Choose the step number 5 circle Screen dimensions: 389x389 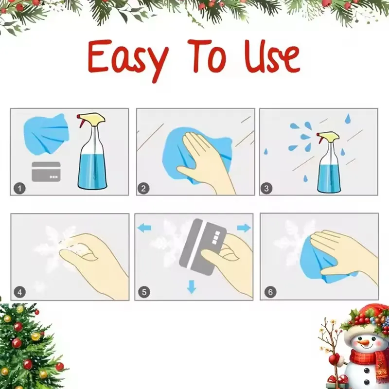tap(144, 292)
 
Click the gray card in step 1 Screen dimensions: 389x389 tap(46, 172)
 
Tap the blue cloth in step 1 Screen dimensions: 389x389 tap(46, 131)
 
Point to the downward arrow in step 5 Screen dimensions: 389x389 tap(192, 287)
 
